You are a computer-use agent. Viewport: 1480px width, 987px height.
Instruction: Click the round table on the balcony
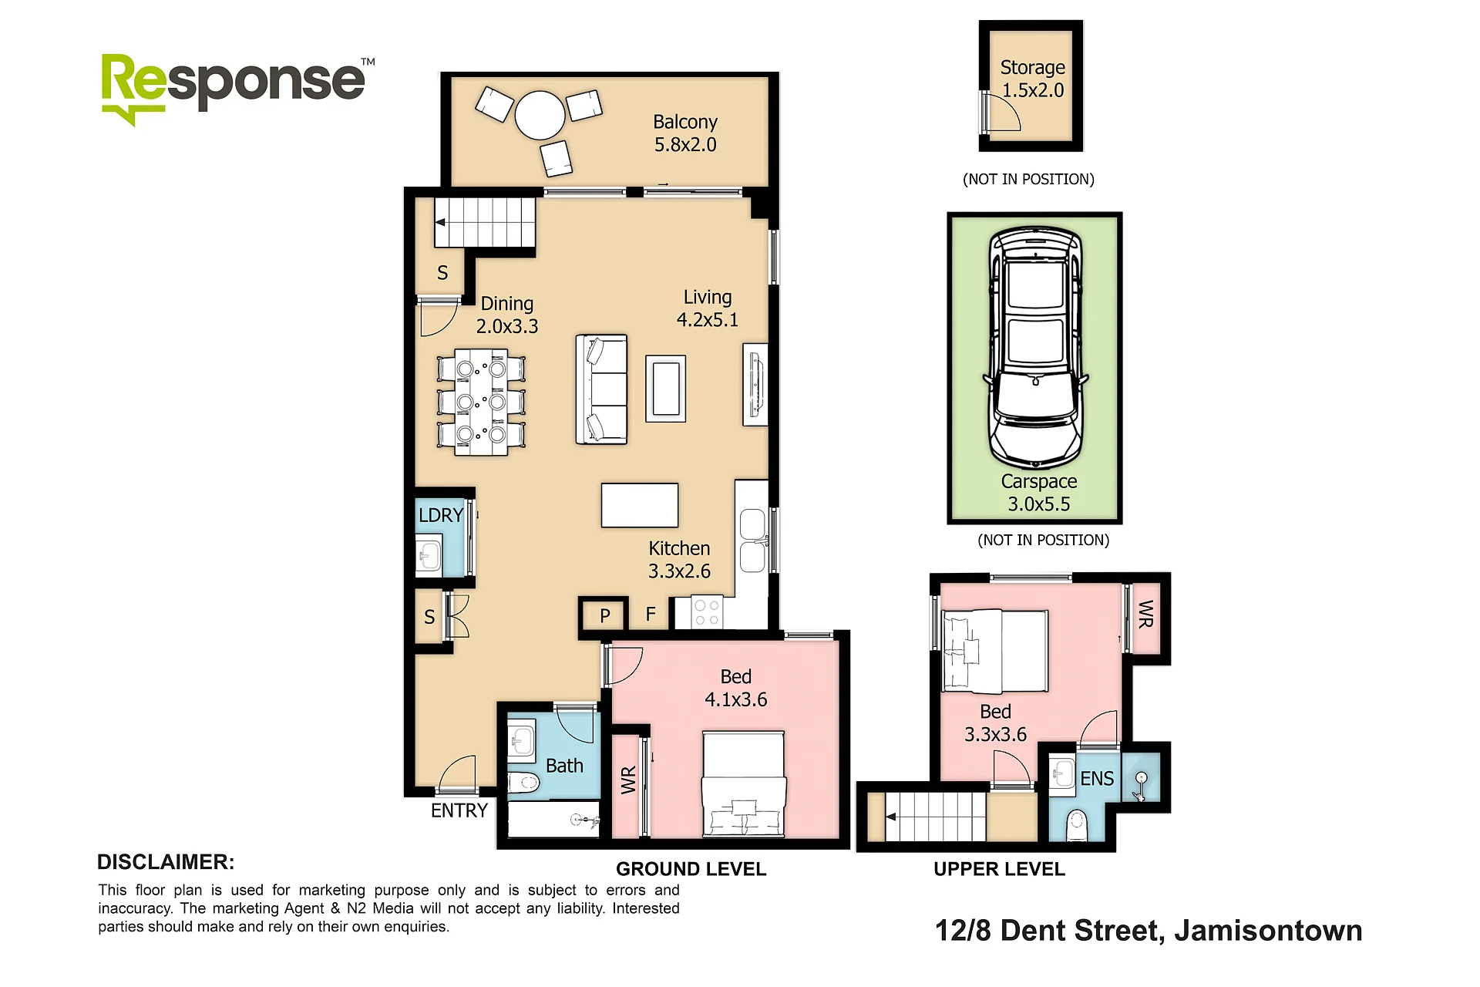pos(540,116)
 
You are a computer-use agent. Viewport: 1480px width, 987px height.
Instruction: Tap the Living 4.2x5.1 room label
pos(708,308)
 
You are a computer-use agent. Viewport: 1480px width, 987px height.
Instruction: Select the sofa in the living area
pos(601,389)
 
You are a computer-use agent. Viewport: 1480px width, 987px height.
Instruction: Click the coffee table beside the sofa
pos(666,389)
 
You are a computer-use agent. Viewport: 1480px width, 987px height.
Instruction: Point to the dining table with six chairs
pos(481,402)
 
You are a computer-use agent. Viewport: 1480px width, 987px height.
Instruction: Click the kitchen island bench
pos(640,505)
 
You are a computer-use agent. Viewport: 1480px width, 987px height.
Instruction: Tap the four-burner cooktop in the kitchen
pos(706,612)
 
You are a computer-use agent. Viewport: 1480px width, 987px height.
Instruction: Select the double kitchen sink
pos(753,541)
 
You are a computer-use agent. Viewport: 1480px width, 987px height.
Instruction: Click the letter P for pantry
pos(605,616)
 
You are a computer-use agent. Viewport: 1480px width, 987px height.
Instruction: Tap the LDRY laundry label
pos(441,515)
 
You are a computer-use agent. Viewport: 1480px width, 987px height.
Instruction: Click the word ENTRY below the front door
pos(459,810)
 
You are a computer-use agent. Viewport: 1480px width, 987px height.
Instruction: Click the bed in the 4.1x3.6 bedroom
pos(744,783)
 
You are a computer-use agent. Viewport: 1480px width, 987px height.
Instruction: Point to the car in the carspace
pos(1035,348)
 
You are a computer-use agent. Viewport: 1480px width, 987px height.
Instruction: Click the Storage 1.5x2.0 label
pos(1033,79)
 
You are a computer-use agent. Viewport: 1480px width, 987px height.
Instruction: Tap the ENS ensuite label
pos(1097,779)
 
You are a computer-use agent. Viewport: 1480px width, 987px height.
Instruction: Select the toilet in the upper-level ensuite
pos(1076,826)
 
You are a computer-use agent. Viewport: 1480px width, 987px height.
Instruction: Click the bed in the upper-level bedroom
pos(995,650)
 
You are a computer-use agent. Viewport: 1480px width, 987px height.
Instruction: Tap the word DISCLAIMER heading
pos(166,862)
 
